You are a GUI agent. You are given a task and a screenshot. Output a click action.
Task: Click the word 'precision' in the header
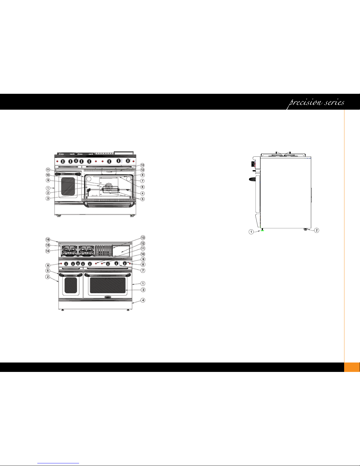coord(305,102)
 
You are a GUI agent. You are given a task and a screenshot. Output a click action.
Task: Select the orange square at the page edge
coord(352,367)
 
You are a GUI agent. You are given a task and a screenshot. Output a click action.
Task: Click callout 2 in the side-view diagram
coord(317,230)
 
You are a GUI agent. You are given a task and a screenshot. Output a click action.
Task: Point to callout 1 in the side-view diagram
coord(251,232)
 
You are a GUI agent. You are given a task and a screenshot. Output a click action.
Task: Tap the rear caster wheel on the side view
coord(306,229)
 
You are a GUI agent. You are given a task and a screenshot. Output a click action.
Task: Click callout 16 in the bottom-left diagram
coord(48,240)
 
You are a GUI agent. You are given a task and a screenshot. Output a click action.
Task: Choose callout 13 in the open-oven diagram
coord(143,165)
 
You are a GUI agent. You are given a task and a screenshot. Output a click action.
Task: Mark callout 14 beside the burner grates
coord(48,251)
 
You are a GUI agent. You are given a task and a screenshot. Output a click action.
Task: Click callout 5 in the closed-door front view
coord(48,270)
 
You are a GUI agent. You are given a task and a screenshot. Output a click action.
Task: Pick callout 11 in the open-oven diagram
coord(48,170)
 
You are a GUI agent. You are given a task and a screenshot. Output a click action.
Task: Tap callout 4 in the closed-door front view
coord(143,300)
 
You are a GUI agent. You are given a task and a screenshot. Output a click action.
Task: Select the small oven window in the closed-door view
coord(71,285)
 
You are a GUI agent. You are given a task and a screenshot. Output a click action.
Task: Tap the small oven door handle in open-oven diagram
coord(69,174)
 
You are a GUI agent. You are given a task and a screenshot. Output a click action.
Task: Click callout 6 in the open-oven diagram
coord(143,187)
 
